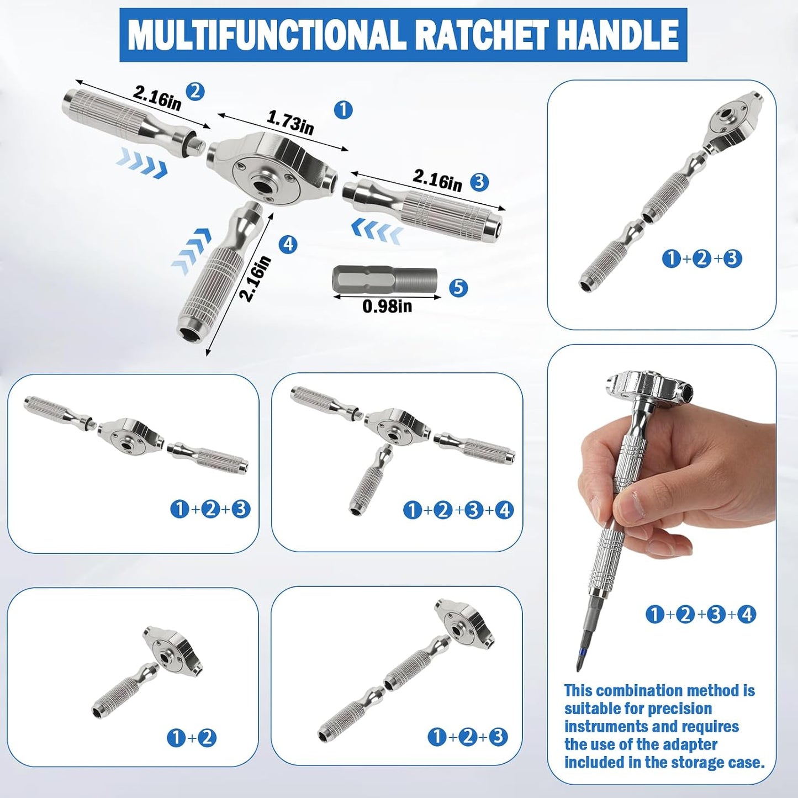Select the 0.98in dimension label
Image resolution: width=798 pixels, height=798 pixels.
(x=387, y=306)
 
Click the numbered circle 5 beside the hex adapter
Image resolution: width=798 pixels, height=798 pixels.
(x=458, y=287)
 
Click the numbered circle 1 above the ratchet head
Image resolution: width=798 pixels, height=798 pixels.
(x=343, y=110)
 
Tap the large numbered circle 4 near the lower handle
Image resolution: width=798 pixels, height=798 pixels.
(x=288, y=244)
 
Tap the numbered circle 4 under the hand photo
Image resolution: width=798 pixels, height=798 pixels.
(x=747, y=614)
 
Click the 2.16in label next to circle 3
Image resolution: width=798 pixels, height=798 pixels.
(x=436, y=181)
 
